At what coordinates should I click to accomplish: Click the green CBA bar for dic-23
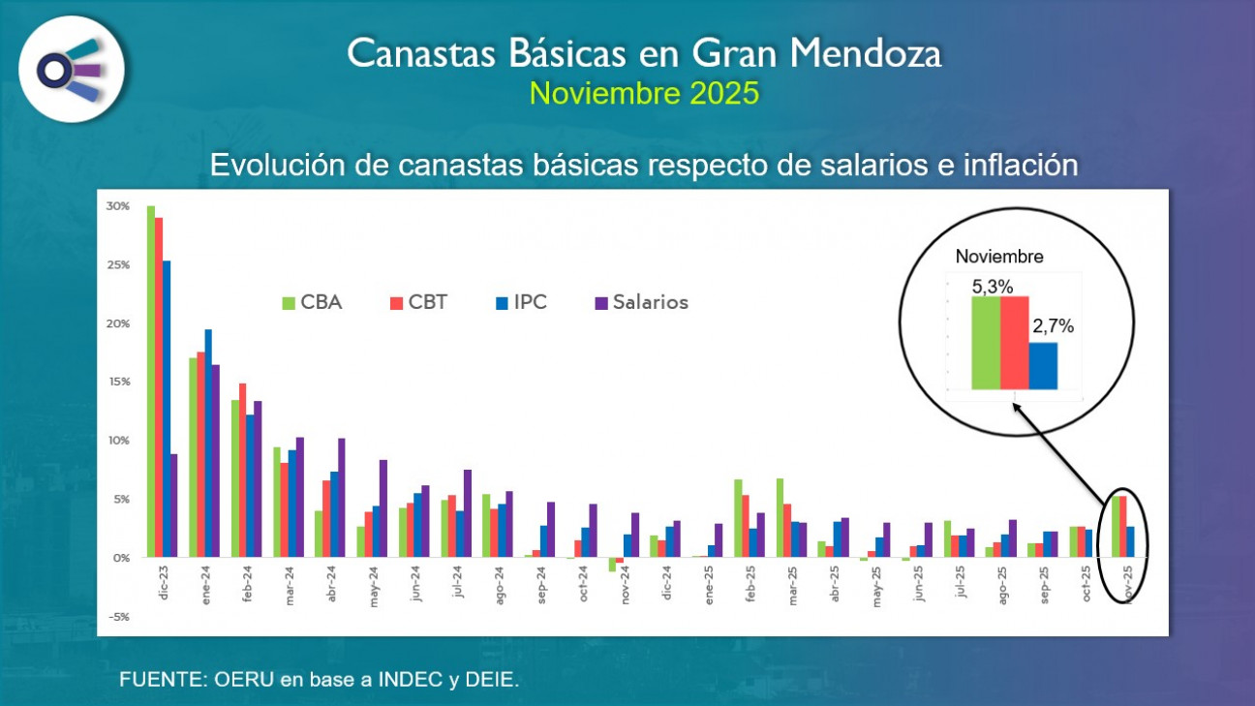(x=151, y=382)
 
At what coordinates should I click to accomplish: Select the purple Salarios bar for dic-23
(x=174, y=506)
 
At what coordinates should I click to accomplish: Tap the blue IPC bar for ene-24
(x=208, y=444)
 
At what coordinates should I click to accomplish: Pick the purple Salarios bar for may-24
(x=383, y=508)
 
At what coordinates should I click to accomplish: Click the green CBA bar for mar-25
(x=780, y=518)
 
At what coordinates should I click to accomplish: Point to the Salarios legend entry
(x=641, y=302)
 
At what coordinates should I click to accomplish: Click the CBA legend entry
(x=311, y=302)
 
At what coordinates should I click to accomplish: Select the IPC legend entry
(x=521, y=302)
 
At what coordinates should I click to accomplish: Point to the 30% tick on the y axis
(x=118, y=206)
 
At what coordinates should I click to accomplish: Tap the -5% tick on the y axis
(x=118, y=617)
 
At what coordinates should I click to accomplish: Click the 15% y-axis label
(x=118, y=382)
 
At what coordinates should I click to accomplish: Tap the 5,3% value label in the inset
(x=993, y=287)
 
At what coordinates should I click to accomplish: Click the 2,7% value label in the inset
(x=1054, y=327)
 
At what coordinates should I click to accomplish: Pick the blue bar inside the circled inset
(x=1043, y=366)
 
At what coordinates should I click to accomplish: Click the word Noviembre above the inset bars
(x=999, y=258)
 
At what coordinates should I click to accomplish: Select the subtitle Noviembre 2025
(x=644, y=93)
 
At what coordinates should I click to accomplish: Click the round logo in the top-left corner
(x=71, y=69)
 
